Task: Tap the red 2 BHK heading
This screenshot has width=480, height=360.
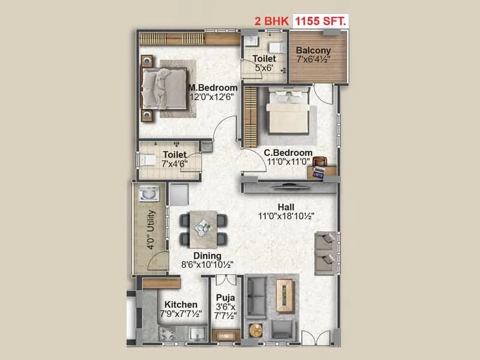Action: pos(271,20)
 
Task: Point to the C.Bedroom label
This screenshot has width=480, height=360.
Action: pos(289,153)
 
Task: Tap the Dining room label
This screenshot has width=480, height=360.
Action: pos(207,255)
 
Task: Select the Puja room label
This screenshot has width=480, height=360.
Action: pos(226,297)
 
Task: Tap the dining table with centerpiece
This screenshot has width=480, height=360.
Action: pos(203,228)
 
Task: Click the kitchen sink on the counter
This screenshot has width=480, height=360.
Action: pos(196,334)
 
